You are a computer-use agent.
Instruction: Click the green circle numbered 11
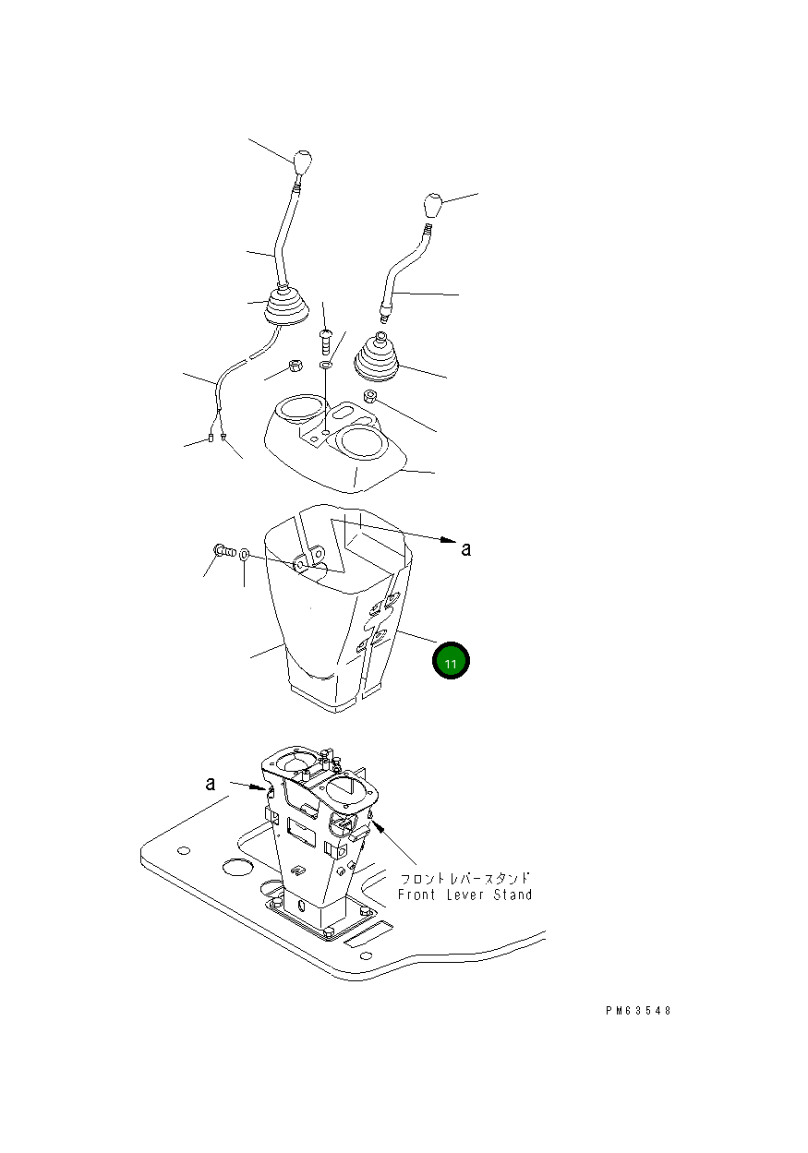point(451,660)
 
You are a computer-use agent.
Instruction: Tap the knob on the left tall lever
point(302,162)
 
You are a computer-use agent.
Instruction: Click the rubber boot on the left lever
point(287,306)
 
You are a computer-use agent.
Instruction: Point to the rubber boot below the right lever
point(377,359)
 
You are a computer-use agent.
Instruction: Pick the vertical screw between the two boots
point(325,342)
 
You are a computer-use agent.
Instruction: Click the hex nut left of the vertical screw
point(295,366)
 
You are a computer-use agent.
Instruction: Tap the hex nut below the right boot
point(369,397)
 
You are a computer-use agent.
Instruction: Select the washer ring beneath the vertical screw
point(326,365)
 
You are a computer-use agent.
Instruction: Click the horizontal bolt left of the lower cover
point(223,551)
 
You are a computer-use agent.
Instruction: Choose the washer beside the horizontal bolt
point(245,555)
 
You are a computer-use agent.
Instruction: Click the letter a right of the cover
point(466,549)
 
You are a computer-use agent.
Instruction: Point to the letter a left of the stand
point(211,784)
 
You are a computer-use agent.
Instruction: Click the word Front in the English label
point(416,895)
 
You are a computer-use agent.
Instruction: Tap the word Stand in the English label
point(513,895)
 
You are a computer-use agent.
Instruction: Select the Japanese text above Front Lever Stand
point(465,878)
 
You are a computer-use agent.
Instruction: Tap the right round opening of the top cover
point(360,441)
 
